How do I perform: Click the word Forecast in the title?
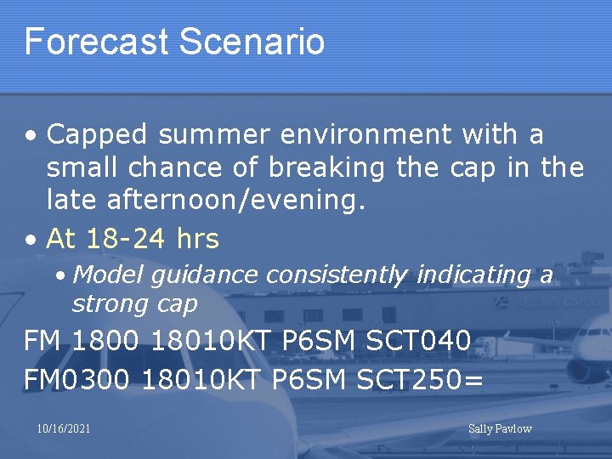coord(96,41)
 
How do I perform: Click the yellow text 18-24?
coord(126,239)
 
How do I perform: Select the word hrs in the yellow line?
coord(197,239)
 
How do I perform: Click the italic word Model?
coord(104,275)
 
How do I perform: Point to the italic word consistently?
coord(337,275)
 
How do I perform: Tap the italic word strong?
coord(105,303)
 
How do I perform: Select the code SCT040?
coord(418,341)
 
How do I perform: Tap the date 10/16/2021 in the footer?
coord(64,428)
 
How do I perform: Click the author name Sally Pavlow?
coord(500,428)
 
